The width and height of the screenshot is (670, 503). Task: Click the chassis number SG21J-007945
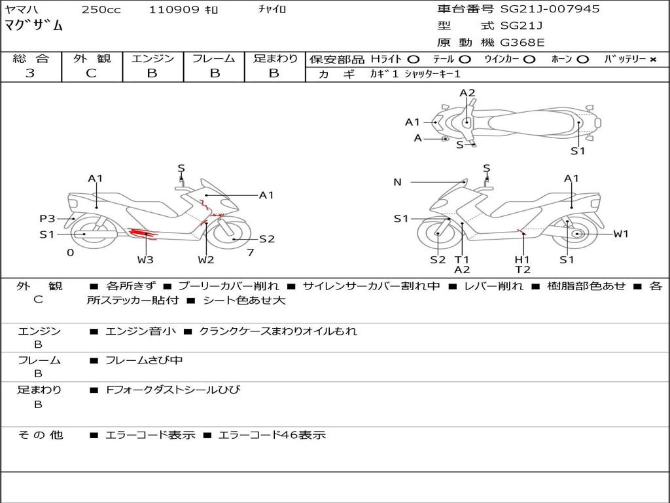[550, 9]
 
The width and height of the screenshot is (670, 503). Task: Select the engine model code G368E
[522, 43]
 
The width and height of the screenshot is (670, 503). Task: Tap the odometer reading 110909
[174, 10]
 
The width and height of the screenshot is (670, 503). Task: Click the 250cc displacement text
[101, 10]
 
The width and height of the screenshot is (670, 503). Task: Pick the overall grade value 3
[30, 73]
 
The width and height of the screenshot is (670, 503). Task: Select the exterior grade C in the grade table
[92, 73]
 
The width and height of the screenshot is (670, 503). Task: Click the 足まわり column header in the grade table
[275, 58]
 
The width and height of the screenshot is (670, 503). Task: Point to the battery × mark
[652, 60]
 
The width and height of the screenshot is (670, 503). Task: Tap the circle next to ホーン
[583, 60]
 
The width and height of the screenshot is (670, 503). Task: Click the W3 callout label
[145, 259]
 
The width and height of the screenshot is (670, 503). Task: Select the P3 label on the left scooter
[47, 219]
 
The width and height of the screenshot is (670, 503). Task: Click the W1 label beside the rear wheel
[620, 234]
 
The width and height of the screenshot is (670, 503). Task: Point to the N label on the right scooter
[397, 182]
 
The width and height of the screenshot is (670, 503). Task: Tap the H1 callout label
[522, 259]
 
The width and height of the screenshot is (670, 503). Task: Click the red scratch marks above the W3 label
[143, 231]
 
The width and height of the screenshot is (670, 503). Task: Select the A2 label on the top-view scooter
[467, 93]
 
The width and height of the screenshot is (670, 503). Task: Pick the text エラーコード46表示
[271, 435]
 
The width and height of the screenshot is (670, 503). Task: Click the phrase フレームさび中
[144, 360]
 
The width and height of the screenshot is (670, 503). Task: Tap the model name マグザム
[34, 26]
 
